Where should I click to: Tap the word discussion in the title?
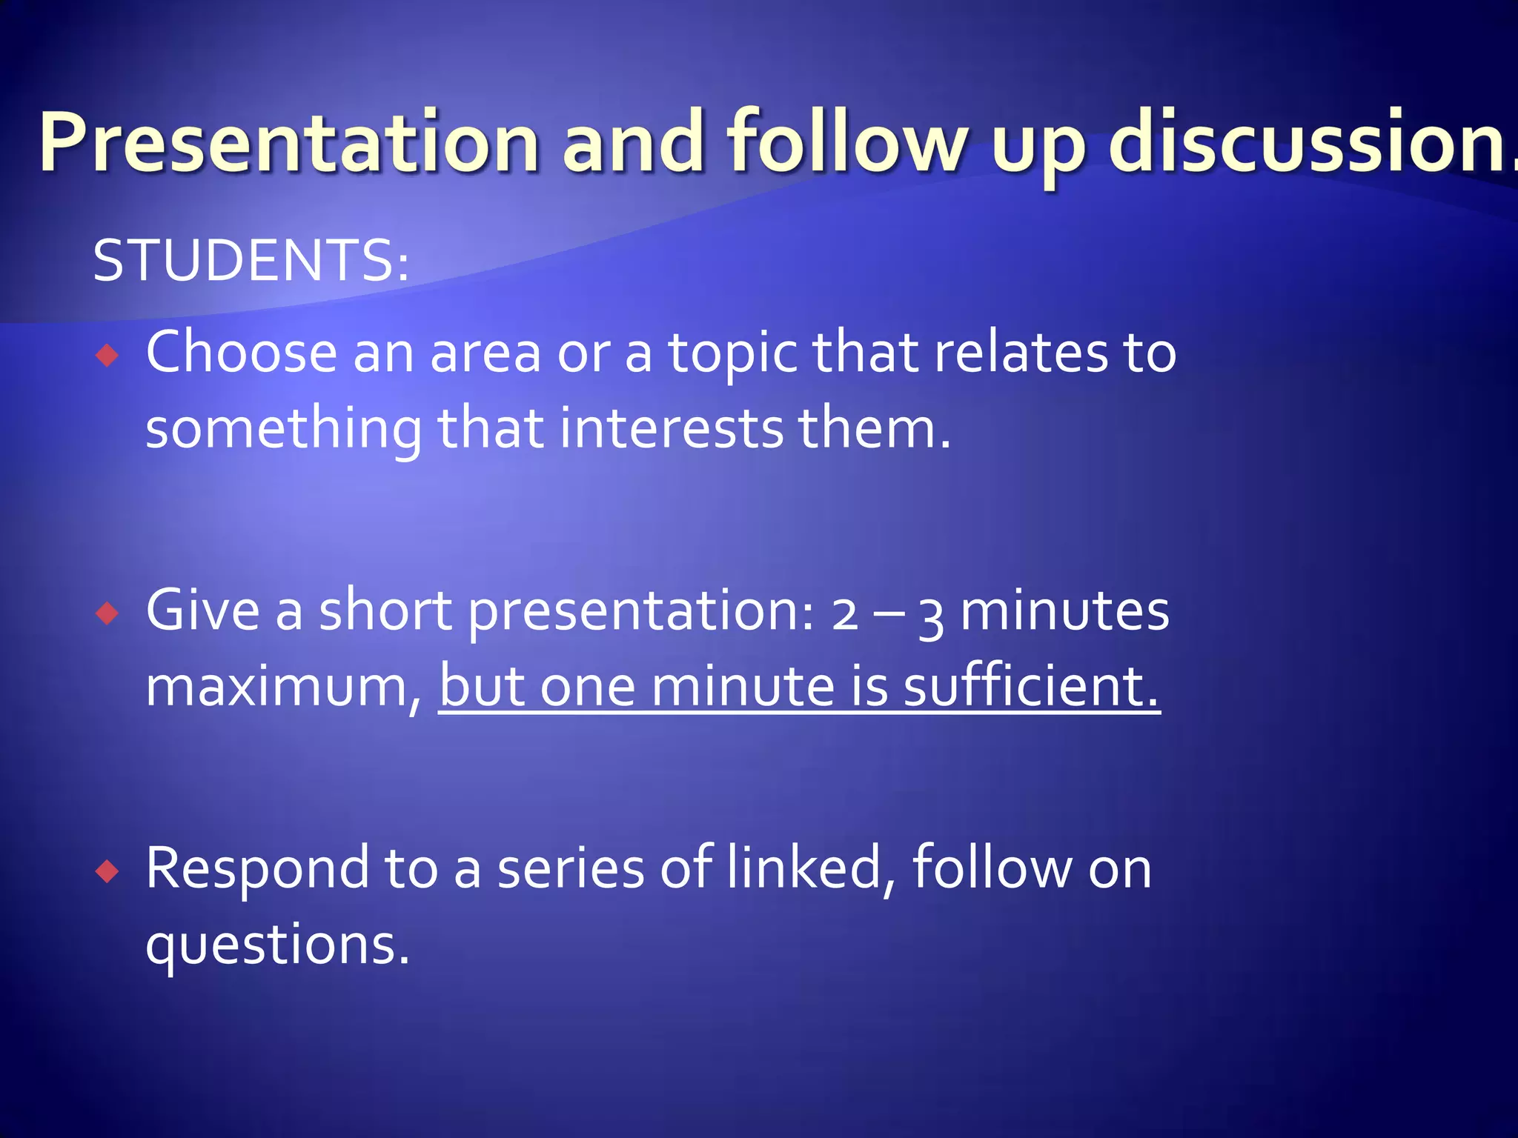pos(1312,142)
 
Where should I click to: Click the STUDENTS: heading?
pos(251,261)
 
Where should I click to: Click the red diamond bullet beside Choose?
pos(107,356)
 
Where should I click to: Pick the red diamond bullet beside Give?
pos(107,613)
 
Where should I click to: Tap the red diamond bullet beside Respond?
pos(107,871)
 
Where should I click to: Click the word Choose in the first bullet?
pos(242,352)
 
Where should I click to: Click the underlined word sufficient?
pos(1031,686)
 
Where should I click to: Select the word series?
pos(571,868)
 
